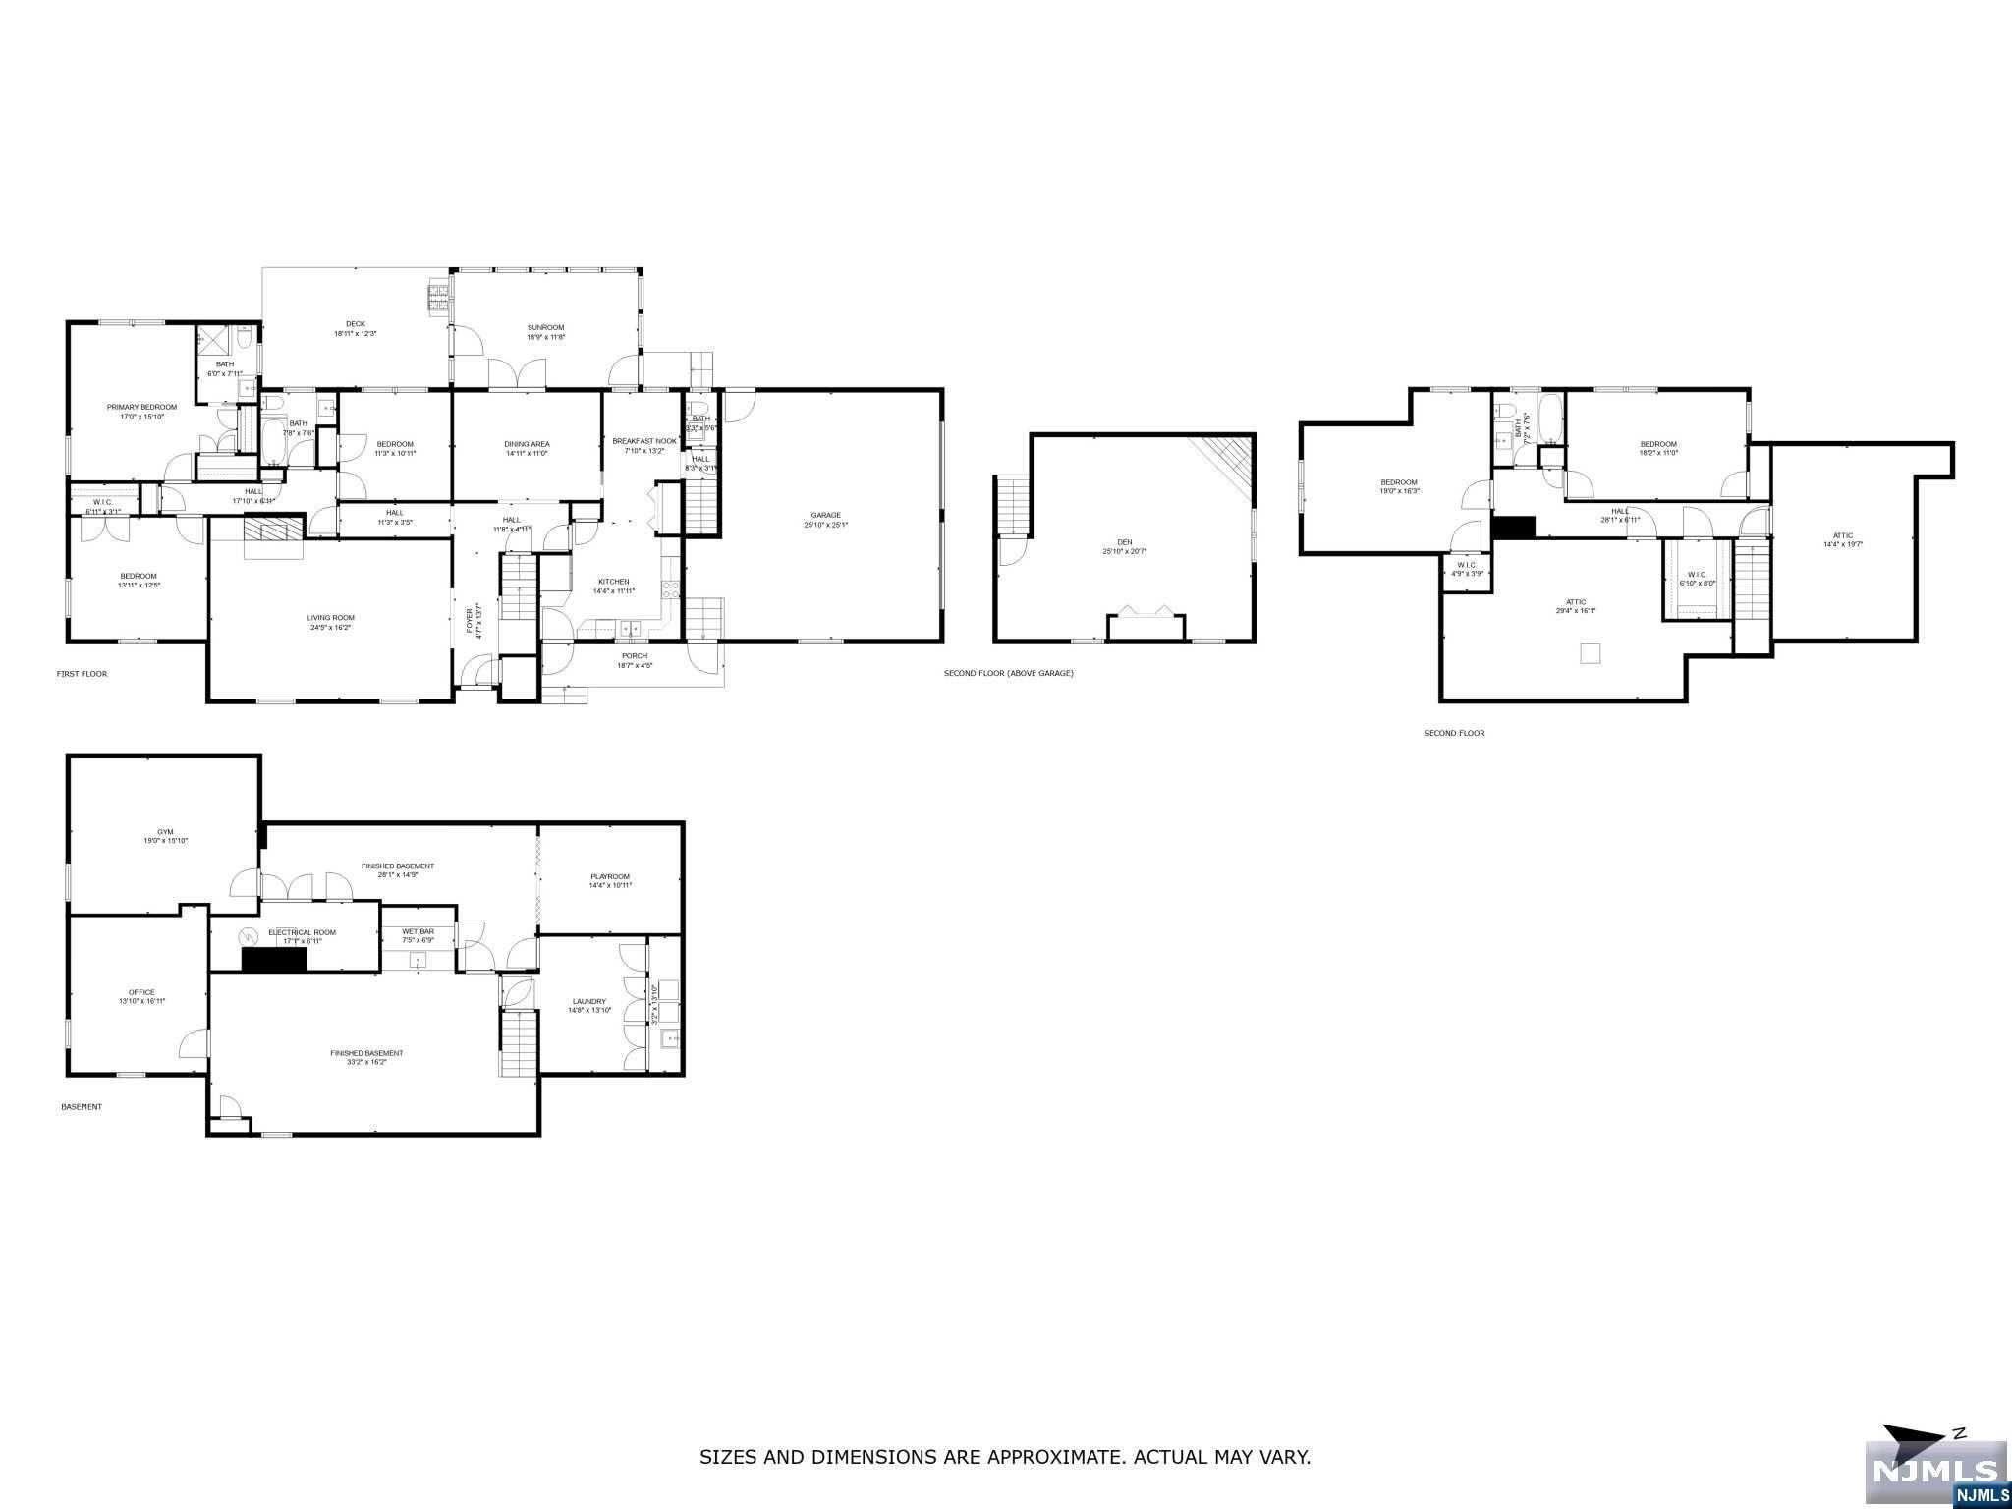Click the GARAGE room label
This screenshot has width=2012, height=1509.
[825, 515]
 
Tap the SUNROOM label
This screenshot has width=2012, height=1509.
[545, 327]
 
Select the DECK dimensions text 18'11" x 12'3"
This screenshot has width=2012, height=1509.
[355, 334]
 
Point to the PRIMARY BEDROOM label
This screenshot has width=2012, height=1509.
[141, 407]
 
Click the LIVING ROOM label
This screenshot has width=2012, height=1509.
[330, 618]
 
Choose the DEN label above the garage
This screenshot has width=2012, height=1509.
[1124, 542]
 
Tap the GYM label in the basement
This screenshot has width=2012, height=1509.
[165, 831]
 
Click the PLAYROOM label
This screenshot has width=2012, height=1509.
[609, 876]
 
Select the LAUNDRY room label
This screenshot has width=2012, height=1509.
[588, 1001]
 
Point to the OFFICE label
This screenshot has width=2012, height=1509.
[141, 992]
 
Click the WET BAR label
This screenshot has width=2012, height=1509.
[418, 931]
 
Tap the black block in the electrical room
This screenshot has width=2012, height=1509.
[275, 960]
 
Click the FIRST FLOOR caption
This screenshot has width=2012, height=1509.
[82, 674]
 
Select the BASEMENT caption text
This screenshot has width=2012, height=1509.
[82, 1107]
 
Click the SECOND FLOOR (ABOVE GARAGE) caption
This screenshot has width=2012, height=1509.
[1008, 673]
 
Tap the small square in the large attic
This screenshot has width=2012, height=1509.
[1591, 653]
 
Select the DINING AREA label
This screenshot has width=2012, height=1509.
[527, 444]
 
